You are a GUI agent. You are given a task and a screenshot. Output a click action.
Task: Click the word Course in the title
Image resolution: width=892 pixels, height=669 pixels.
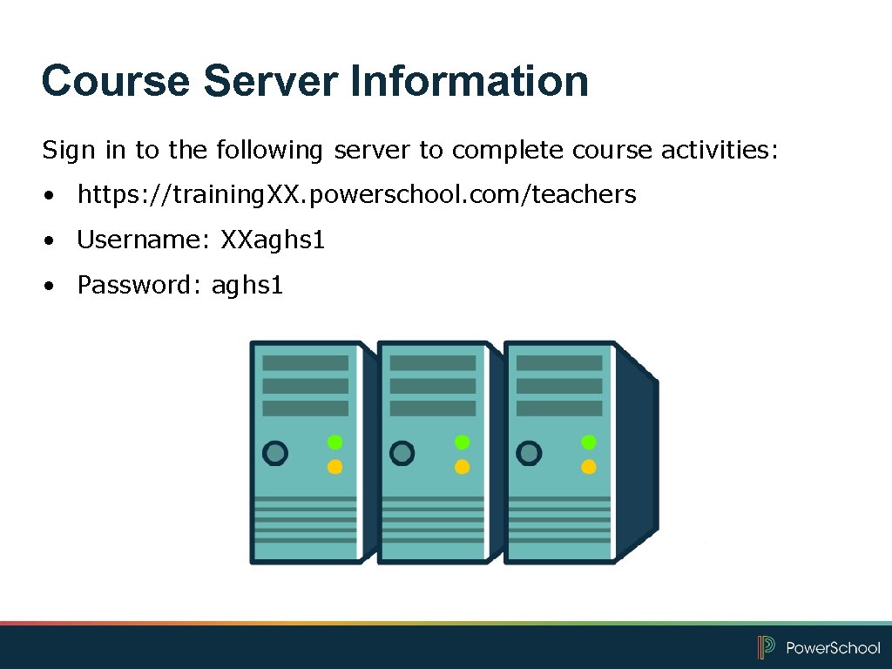tap(115, 81)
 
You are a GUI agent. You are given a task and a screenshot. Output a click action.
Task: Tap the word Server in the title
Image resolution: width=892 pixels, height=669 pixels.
tap(270, 81)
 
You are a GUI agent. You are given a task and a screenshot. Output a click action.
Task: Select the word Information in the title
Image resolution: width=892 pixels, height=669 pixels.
tap(470, 81)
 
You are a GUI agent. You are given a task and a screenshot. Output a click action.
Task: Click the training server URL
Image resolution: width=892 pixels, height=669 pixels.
tap(357, 194)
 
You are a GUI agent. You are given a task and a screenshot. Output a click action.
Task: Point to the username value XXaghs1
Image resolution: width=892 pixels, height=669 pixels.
tap(273, 240)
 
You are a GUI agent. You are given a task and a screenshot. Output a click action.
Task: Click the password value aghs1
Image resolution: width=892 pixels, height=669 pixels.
tap(247, 285)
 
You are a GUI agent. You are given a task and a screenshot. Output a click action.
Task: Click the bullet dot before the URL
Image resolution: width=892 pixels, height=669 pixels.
tap(54, 195)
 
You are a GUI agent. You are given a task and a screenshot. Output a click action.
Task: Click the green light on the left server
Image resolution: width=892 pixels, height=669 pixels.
tap(334, 443)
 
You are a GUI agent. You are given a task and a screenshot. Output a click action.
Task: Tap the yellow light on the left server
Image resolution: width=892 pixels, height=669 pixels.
tap(334, 467)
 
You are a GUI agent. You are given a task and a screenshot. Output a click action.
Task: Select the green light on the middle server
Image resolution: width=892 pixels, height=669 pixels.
tap(463, 443)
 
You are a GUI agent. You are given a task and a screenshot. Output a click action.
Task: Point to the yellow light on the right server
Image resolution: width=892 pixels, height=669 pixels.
tap(589, 467)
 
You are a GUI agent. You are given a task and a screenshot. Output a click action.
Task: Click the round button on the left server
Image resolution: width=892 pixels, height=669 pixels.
tap(275, 453)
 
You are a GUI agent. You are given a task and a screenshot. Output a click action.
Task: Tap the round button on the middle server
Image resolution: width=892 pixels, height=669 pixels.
tap(402, 453)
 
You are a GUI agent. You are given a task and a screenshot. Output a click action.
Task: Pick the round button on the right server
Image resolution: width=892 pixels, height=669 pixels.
tap(529, 453)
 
